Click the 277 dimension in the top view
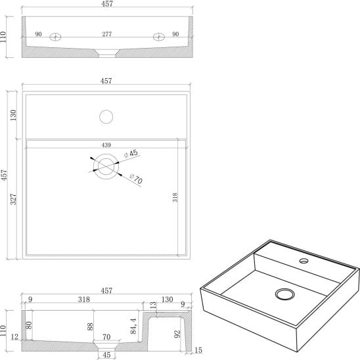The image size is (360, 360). click(107, 34)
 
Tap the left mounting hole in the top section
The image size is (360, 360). click(55, 37)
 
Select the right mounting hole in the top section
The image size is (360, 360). click(158, 37)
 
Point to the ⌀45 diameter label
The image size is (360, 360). click(131, 153)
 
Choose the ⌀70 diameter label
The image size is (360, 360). click(136, 179)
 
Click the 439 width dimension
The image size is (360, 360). click(106, 145)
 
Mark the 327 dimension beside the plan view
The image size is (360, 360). click(13, 199)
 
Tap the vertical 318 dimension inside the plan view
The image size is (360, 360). click(175, 197)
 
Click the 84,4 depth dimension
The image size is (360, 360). click(133, 326)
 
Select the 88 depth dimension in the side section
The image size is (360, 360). click(90, 326)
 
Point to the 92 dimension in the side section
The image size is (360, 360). click(177, 334)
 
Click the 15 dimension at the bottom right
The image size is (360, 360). click(198, 350)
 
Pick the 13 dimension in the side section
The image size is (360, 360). click(153, 305)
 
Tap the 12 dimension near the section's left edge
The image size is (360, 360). click(14, 337)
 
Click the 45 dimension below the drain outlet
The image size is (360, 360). click(106, 355)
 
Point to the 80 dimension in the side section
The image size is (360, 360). click(29, 325)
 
